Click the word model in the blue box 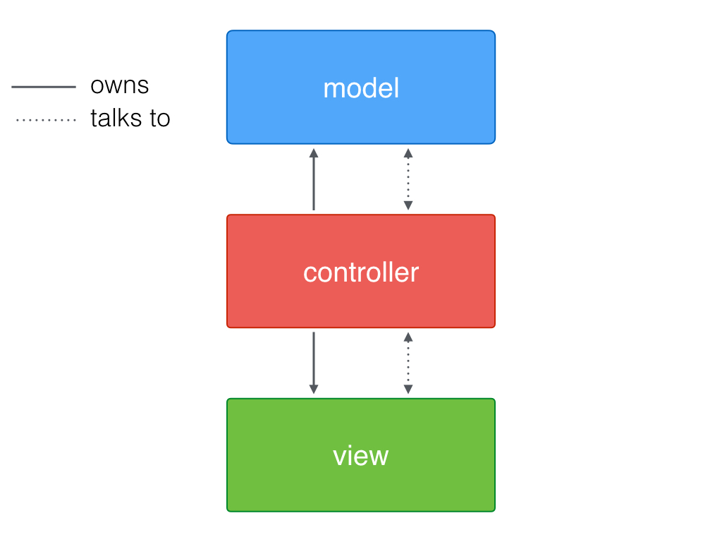pos(360,88)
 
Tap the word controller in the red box pos(360,272)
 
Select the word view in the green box pos(360,456)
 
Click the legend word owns pos(119,85)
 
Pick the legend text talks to pos(130,119)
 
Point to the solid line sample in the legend pos(44,87)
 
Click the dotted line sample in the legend pos(45,121)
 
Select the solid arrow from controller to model pos(314,181)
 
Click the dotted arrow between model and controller pos(408,179)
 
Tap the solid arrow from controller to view pos(314,361)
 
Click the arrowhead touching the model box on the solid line pos(314,152)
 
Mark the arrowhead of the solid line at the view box pos(314,390)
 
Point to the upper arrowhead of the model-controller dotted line pos(408,152)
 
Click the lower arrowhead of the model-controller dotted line pos(408,206)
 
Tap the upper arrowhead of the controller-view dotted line pos(408,337)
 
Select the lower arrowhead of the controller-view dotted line pos(408,390)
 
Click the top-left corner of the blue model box pos(228,32)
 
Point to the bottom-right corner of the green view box pos(494,510)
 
